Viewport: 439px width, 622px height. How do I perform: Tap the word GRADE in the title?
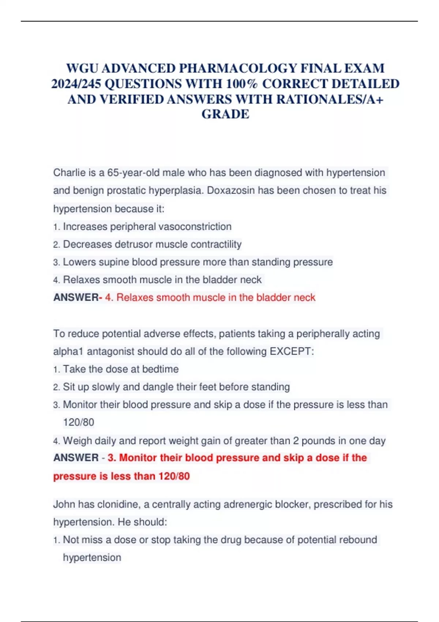[x=225, y=114]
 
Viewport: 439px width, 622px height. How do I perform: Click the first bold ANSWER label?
[x=76, y=297]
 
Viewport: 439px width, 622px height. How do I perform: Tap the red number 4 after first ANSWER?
[x=108, y=297]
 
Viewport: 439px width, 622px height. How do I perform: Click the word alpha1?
[x=68, y=351]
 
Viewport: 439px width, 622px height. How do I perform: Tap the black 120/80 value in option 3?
[x=79, y=422]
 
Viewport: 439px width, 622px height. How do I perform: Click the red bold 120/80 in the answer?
[x=174, y=476]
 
